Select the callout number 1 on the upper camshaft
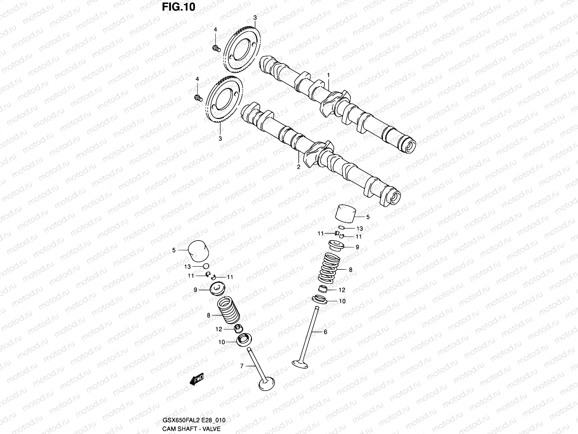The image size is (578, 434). click(329, 75)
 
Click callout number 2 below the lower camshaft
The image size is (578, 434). click(298, 167)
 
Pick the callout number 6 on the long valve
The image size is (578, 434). click(325, 331)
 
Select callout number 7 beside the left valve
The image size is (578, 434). click(242, 366)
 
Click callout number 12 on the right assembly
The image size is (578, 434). click(342, 290)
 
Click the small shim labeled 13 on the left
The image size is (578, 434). click(206, 267)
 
